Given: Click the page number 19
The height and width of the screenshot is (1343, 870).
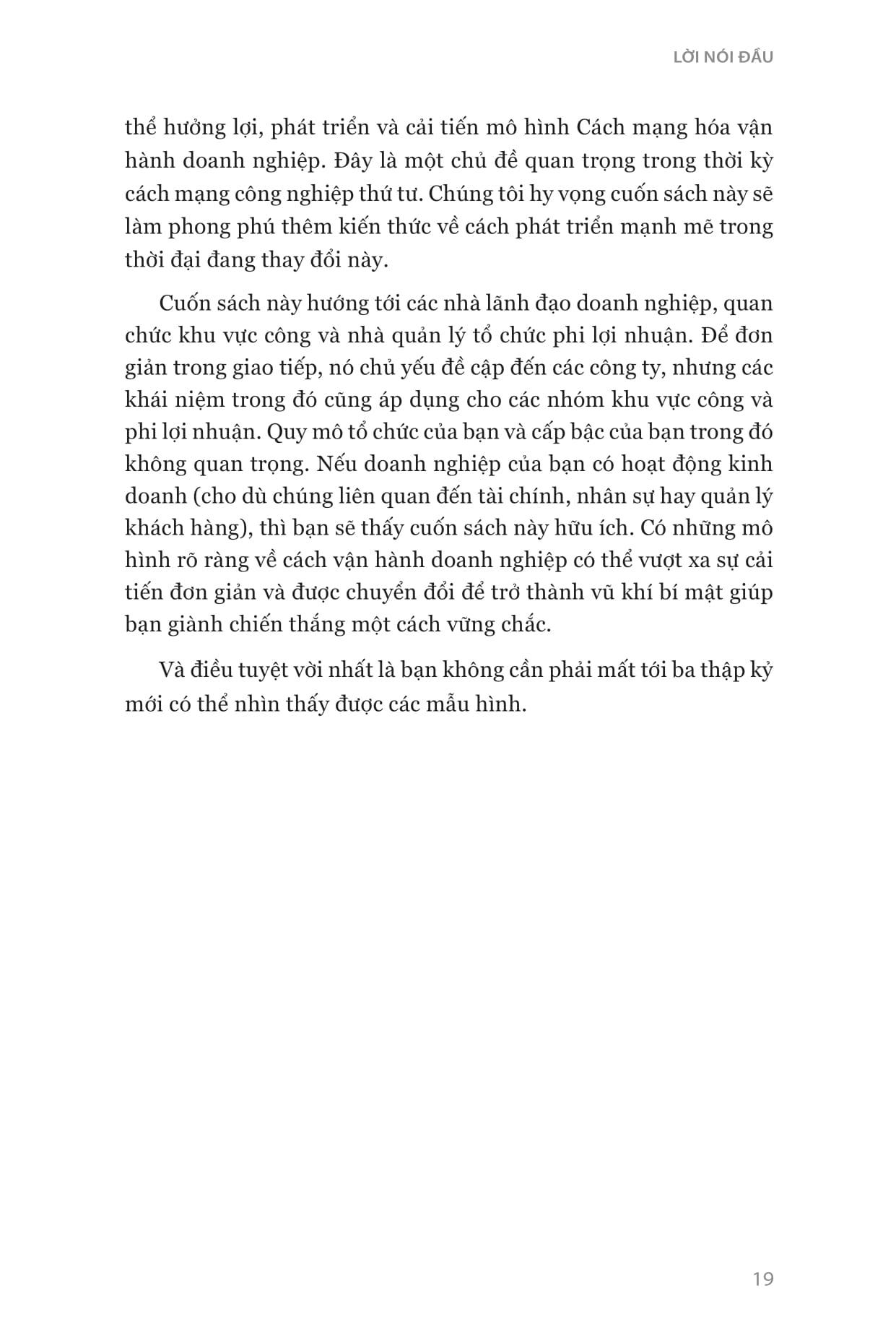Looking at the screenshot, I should click(762, 1279).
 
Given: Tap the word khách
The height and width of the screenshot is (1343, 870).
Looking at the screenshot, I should click(155, 528).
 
